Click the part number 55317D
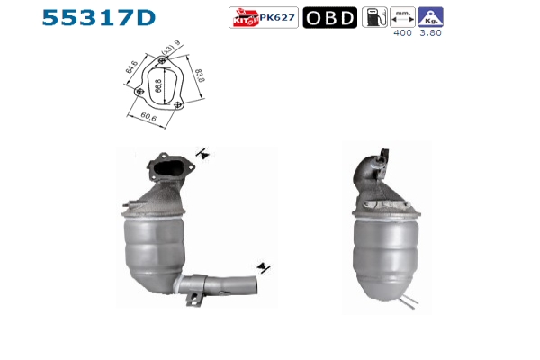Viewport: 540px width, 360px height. [98, 18]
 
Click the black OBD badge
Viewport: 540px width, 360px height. [330, 18]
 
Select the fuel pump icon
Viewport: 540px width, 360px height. [374, 17]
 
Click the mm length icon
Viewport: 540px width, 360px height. [402, 17]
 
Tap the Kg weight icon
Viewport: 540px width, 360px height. [430, 17]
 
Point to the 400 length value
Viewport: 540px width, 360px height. [402, 32]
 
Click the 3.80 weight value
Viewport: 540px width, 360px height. [430, 32]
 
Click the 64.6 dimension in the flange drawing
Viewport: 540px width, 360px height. [131, 67]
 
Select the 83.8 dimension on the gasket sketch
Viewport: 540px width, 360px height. [200, 76]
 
